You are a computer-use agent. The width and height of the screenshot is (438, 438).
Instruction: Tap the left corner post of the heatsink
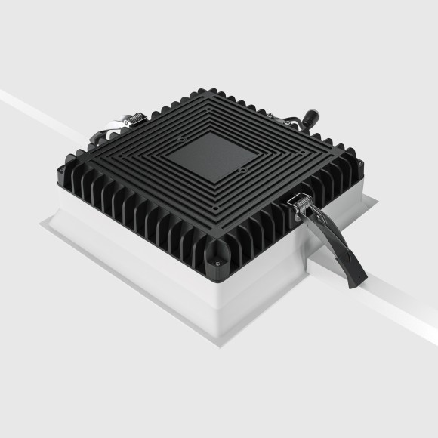69,162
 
